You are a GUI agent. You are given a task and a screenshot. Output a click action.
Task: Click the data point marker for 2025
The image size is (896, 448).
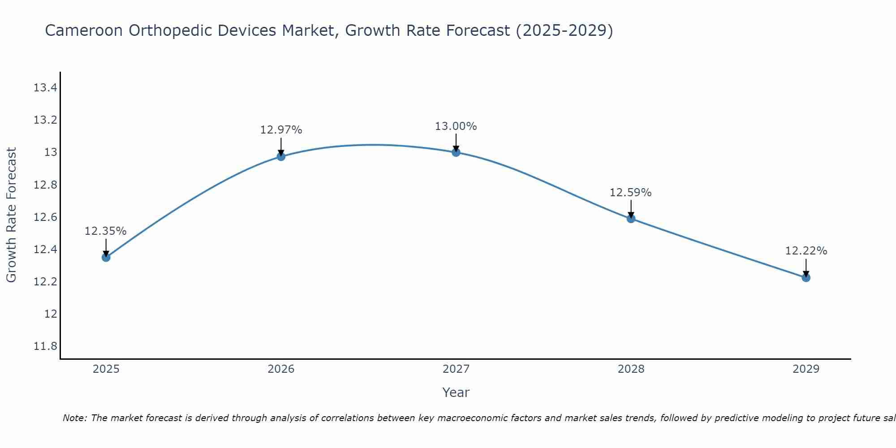[106, 257]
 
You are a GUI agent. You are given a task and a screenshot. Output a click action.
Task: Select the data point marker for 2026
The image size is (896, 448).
[281, 156]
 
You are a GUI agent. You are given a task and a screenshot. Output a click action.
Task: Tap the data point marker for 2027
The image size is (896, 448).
[456, 152]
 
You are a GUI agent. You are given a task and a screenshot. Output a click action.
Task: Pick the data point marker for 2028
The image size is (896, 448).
[631, 219]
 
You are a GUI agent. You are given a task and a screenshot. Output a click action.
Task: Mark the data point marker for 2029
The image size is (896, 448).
[806, 278]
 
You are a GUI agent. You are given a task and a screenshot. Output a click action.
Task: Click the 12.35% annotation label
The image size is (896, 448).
[106, 231]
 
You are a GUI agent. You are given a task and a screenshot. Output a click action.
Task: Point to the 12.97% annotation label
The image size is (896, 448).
[281, 130]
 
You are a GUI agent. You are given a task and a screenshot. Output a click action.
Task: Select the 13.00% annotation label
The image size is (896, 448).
[456, 126]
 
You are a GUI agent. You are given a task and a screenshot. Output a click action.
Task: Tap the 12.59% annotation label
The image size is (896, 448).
[630, 193]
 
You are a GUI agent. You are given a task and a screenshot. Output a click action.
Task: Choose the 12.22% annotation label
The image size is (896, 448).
[806, 251]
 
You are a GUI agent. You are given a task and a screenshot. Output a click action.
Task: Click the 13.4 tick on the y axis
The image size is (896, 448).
[45, 88]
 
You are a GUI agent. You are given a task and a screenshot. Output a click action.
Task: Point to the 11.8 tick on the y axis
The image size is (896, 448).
[45, 346]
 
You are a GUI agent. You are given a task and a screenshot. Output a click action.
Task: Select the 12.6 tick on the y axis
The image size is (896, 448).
[45, 217]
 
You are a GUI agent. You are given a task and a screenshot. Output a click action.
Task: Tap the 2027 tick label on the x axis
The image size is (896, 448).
[456, 369]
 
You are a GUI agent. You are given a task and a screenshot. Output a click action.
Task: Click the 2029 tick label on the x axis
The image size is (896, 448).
[806, 369]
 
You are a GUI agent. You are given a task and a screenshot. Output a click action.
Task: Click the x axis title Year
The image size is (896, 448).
[456, 392]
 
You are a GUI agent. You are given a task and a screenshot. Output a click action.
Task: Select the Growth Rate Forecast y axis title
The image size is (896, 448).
[12, 215]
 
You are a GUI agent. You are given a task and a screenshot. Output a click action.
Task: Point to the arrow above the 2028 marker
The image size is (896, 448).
[631, 208]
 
